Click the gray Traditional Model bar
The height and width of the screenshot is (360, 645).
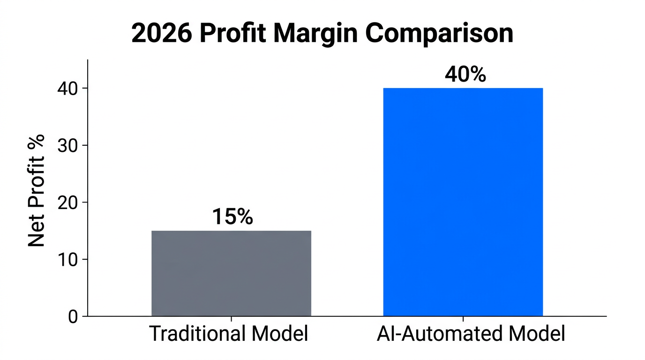[231, 273]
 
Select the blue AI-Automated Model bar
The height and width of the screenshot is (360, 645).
[463, 202]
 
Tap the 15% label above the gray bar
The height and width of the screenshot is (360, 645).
[232, 217]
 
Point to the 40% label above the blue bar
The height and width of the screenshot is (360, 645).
[465, 75]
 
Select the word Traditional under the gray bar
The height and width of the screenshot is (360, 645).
[197, 334]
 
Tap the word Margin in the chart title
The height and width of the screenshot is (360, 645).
[326, 34]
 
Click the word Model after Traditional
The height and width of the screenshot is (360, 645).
[279, 334]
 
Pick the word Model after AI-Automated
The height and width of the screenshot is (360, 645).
[536, 334]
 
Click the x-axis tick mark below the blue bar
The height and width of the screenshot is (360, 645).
[463, 319]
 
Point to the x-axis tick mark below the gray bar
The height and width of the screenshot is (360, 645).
[231, 319]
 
